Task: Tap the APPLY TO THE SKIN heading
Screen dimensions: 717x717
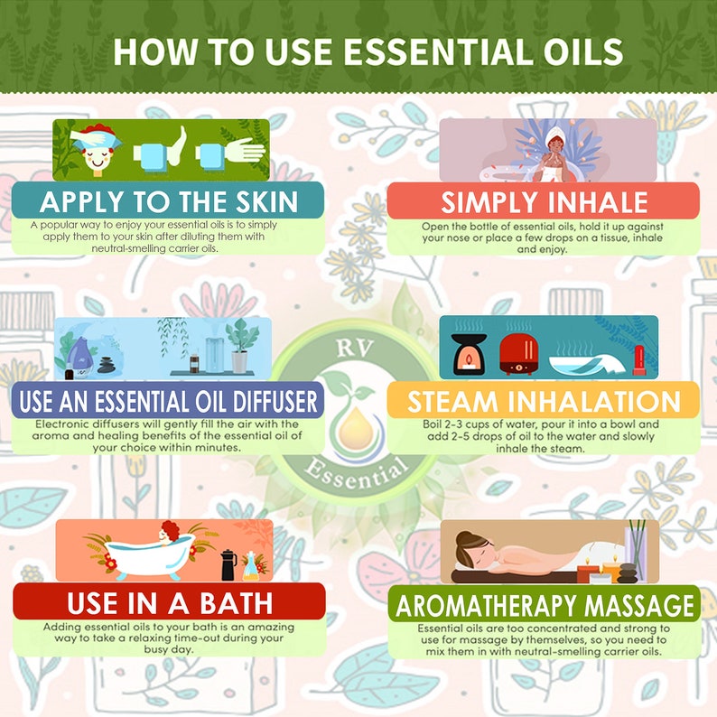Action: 169,200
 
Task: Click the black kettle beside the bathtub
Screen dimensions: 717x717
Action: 228,565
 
